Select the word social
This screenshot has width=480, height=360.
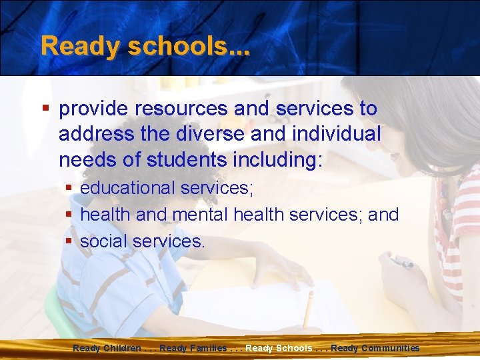103,241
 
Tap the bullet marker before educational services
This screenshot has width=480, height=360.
69,189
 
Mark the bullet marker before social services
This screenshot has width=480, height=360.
69,241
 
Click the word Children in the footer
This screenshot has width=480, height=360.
123,348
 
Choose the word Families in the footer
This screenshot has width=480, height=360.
207,348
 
